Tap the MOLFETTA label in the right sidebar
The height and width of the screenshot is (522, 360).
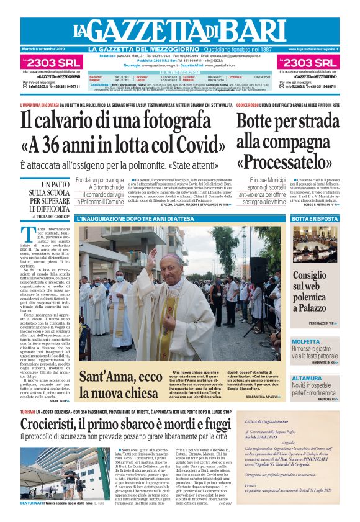pyautogui.click(x=306, y=341)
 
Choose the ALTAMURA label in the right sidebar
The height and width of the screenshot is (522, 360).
pyautogui.click(x=307, y=377)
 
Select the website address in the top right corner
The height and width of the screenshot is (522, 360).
pyautogui.click(x=313, y=49)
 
